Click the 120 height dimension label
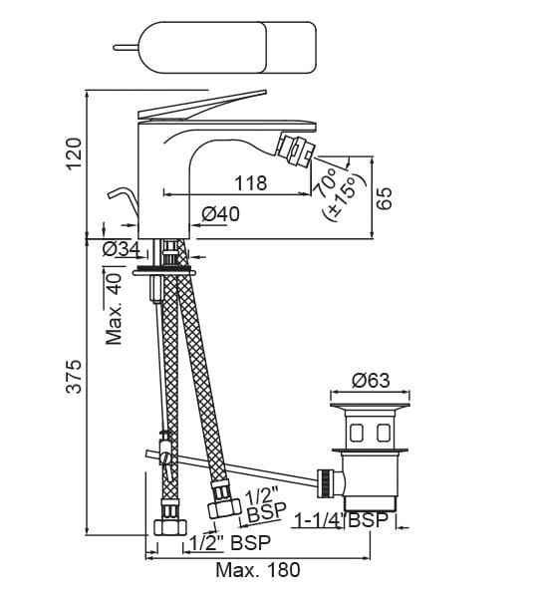point(74,153)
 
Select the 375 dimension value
point(74,376)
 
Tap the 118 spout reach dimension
point(251,183)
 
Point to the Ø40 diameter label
point(220,214)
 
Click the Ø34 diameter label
point(122,249)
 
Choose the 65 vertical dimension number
point(385,197)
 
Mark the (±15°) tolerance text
point(344,197)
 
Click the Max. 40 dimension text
point(114,309)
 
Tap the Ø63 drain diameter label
point(371,381)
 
